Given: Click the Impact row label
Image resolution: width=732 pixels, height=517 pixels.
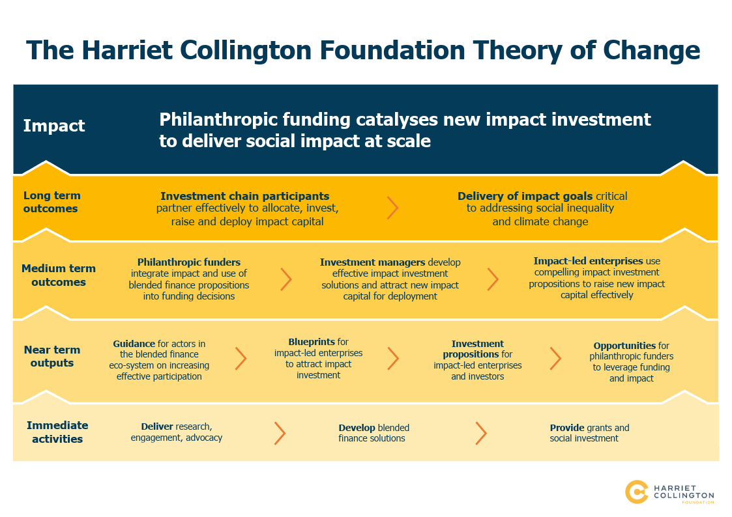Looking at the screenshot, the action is point(54,126).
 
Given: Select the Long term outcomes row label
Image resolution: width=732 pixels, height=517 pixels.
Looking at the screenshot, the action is point(51,202).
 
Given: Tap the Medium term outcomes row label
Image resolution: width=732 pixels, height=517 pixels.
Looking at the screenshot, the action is point(59,275).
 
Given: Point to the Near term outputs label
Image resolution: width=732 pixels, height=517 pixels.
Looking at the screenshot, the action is point(51,356).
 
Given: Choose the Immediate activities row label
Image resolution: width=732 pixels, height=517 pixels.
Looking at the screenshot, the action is point(57,432).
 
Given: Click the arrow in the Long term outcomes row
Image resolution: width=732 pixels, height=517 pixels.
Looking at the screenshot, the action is point(392,208).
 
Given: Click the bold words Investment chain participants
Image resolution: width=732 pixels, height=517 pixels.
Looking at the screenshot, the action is point(244,196).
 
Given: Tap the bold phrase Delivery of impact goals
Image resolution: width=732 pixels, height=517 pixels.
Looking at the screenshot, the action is point(525,196).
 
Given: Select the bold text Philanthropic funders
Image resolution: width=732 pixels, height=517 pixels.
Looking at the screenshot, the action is point(188,262).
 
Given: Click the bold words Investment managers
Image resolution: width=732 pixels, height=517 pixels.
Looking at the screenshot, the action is point(373,262).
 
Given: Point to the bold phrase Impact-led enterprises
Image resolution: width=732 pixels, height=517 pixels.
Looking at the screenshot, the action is point(588,260).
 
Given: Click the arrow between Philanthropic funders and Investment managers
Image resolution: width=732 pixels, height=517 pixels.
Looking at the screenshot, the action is point(286,279).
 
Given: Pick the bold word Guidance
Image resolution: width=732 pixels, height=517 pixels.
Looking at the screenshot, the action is point(134,344).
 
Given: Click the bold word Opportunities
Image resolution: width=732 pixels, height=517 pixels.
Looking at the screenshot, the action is point(624,346).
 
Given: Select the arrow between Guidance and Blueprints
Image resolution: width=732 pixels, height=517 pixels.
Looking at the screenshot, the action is point(241,359).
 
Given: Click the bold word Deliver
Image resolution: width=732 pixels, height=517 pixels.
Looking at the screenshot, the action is point(157,426).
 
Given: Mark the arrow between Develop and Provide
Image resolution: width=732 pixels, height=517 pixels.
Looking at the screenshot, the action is point(481,434).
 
